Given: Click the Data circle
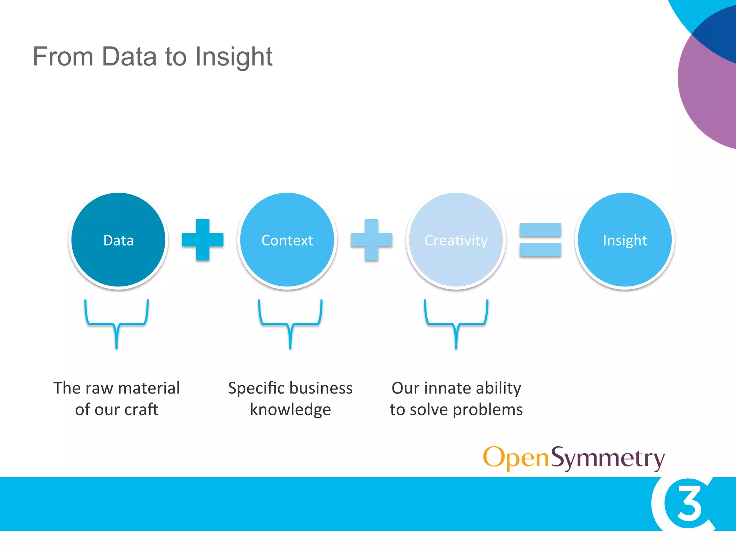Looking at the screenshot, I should [x=118, y=240].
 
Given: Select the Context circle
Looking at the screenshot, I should [x=287, y=240].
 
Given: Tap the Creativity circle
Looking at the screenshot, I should [x=456, y=240].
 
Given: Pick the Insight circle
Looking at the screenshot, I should [x=625, y=240].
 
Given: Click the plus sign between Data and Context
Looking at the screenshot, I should [x=203, y=239].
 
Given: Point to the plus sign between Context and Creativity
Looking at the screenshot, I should [x=372, y=239].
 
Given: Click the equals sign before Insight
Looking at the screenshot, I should [x=540, y=240].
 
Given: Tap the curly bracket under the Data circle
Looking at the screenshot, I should [x=116, y=323].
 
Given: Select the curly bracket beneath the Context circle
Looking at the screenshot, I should [x=290, y=323].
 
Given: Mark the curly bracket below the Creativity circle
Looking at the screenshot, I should [x=456, y=323].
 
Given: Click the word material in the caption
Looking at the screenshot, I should [x=149, y=388].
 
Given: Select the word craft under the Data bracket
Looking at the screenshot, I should [x=141, y=410].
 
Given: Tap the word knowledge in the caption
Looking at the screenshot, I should [x=290, y=410].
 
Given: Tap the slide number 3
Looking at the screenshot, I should [x=689, y=503].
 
